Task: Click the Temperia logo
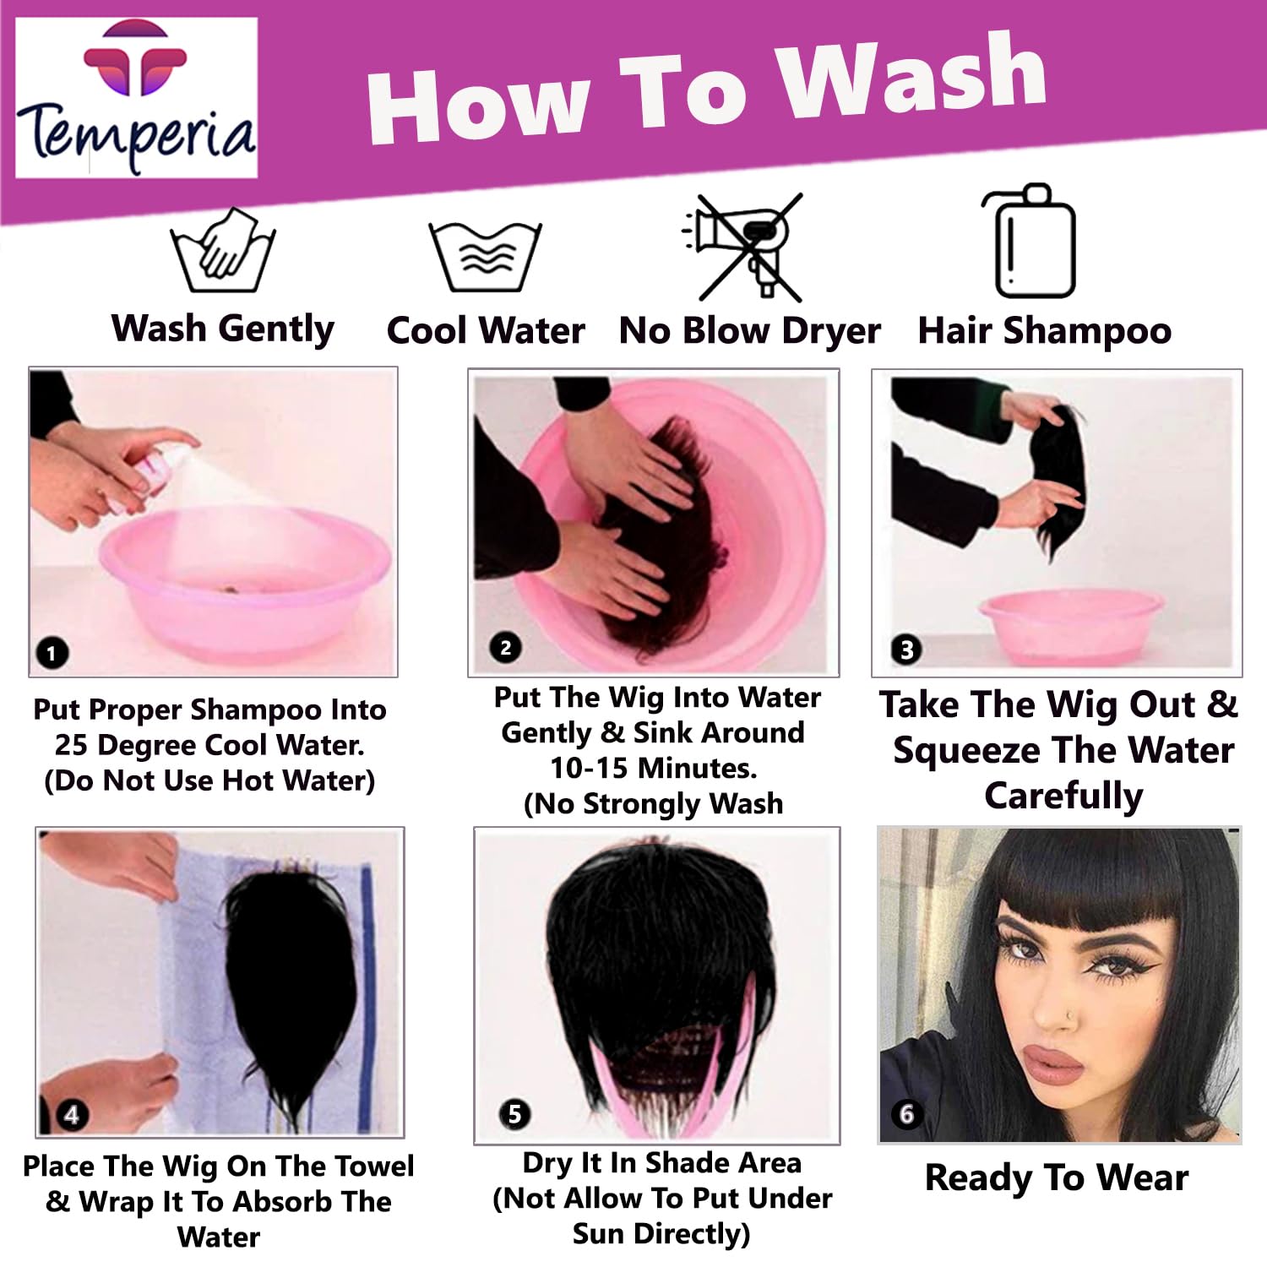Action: (136, 97)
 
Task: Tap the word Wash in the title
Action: (912, 80)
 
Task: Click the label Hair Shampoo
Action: (1045, 331)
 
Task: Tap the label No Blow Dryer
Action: (750, 331)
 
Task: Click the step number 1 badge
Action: (52, 653)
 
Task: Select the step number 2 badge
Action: (505, 648)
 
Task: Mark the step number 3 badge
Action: (906, 650)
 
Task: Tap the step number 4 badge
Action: (71, 1115)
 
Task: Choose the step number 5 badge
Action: (514, 1114)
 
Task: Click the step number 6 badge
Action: (906, 1114)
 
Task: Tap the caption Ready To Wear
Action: (1057, 1177)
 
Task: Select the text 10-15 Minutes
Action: (654, 769)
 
